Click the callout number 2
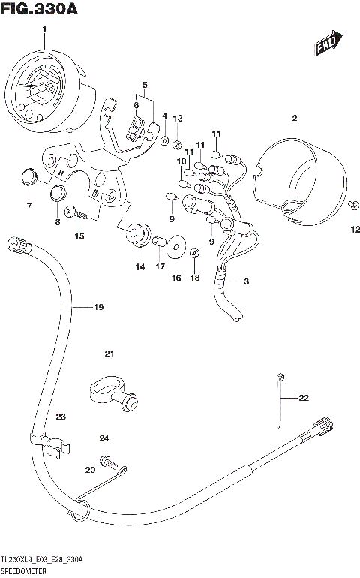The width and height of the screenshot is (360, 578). (x=295, y=118)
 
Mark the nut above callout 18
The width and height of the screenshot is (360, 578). (x=194, y=253)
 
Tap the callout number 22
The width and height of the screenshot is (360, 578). (x=303, y=398)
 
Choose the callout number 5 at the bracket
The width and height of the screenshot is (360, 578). (x=145, y=85)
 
